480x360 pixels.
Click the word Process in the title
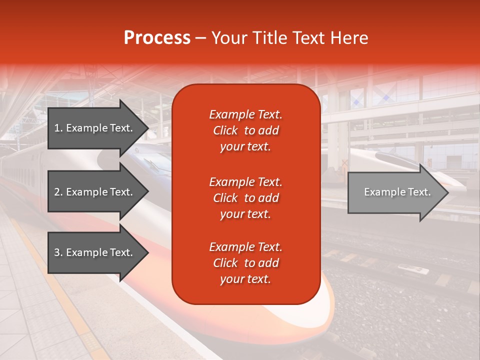point(157,38)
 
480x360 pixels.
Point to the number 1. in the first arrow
point(58,128)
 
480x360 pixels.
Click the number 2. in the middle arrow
point(58,192)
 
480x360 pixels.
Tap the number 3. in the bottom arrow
point(58,252)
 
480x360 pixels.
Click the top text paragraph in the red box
point(245,130)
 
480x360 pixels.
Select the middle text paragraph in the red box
point(245,198)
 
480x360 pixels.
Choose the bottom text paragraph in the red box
point(245,263)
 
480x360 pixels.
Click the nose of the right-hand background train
point(450,177)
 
